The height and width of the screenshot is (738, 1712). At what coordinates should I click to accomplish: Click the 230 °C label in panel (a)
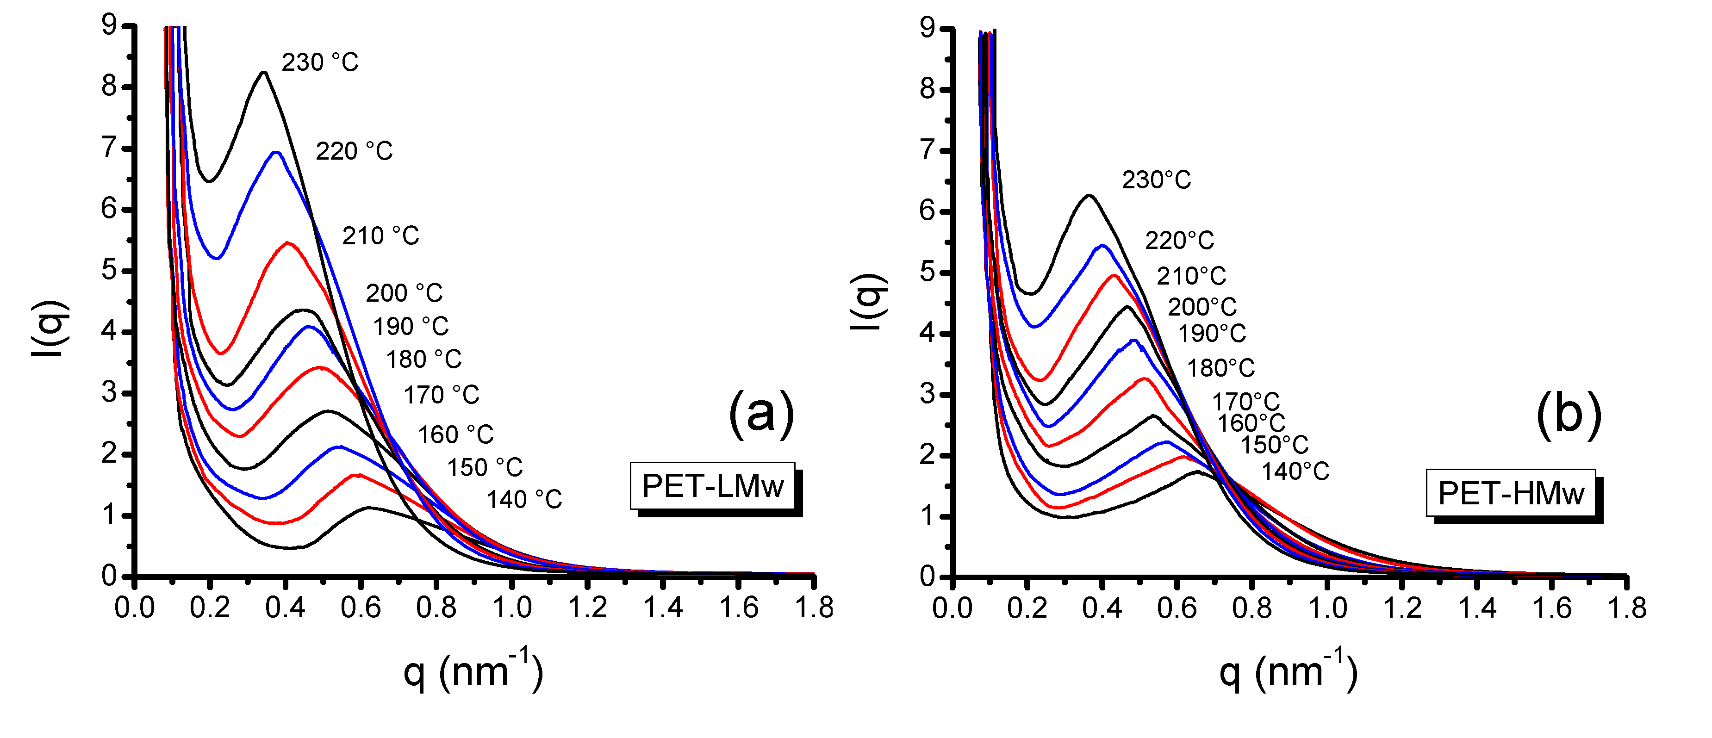320,62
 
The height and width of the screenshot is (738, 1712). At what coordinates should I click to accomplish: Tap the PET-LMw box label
712,486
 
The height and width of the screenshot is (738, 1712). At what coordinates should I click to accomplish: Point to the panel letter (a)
762,415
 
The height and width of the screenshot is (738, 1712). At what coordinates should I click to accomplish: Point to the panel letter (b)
1569,416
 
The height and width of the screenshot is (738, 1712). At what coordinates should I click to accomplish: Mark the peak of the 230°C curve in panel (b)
1089,195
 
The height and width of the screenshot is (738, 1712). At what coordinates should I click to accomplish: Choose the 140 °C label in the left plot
524,500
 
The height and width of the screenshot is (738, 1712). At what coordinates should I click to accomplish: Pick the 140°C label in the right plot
1295,471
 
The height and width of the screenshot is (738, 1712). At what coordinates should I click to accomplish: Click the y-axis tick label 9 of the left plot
109,25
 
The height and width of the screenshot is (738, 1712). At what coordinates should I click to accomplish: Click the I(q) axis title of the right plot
868,302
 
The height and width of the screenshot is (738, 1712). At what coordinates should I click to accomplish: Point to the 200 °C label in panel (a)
404,293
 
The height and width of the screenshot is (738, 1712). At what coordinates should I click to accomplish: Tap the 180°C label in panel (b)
1221,368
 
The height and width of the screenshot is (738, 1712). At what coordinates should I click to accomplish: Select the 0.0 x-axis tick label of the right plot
952,608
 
